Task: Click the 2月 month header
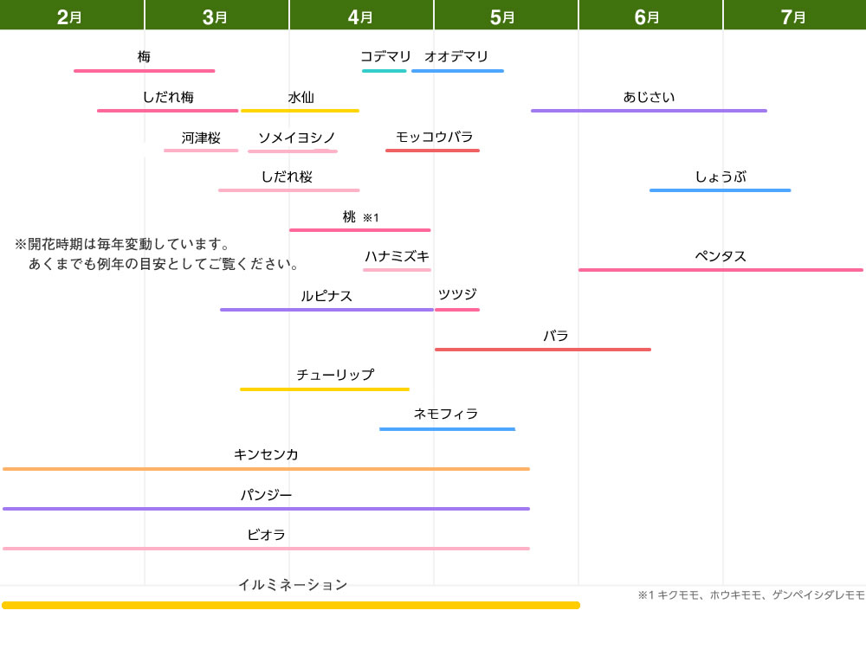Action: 69,17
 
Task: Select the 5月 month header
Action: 502,17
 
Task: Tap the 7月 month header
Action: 792,17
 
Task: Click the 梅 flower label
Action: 144,56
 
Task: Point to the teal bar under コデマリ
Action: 385,71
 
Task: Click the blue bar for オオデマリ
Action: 457,71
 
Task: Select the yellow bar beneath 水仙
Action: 300,111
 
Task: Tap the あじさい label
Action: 649,97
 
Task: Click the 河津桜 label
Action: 201,138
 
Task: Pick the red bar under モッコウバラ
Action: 432,150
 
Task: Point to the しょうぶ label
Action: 721,177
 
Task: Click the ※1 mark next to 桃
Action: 371,217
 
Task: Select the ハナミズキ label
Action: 397,256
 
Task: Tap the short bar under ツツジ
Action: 457,310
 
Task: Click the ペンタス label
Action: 721,256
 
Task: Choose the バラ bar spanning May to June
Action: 543,350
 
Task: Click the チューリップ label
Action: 335,375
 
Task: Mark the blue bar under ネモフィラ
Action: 448,429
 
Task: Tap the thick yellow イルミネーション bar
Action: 291,606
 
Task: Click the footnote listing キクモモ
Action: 751,595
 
